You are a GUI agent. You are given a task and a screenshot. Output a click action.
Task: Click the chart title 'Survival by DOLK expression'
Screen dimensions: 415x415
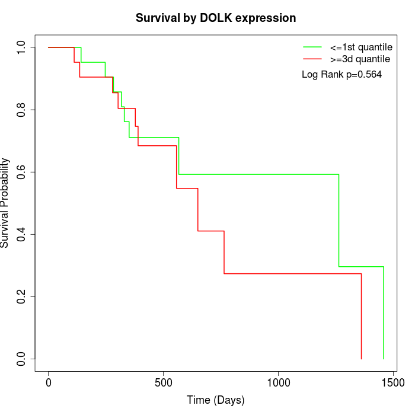pos(215,18)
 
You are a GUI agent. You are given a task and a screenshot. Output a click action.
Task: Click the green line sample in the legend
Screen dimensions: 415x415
pos(312,46)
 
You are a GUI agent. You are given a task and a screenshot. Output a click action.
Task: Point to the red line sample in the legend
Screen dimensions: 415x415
pos(312,59)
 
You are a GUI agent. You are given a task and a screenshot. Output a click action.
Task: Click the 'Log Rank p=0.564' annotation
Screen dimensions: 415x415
pos(341,75)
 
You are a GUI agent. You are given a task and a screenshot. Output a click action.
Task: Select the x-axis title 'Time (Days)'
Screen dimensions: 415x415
pos(215,401)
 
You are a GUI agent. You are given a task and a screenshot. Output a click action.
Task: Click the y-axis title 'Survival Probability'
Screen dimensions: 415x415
pos(6,203)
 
